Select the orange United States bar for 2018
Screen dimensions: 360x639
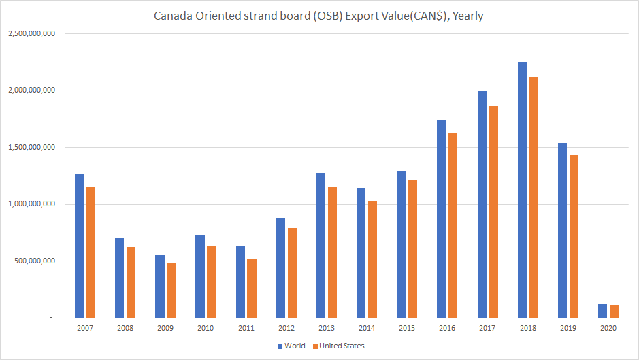click(x=532, y=197)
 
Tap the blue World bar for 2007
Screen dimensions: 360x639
click(x=79, y=245)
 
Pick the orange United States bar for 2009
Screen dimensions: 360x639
click(x=170, y=290)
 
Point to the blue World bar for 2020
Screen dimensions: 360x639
click(x=602, y=310)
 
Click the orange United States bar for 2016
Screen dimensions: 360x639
click(x=452, y=225)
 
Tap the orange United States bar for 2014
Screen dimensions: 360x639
click(x=372, y=259)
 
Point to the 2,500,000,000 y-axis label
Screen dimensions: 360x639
click(x=32, y=33)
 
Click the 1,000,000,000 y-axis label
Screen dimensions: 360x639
click(x=32, y=204)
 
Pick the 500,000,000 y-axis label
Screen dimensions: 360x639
click(x=35, y=261)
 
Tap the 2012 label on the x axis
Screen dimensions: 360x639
click(x=286, y=328)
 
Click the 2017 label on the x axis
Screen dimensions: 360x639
click(x=487, y=328)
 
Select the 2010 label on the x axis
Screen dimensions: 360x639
click(x=206, y=328)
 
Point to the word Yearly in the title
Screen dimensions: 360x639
click(x=467, y=14)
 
